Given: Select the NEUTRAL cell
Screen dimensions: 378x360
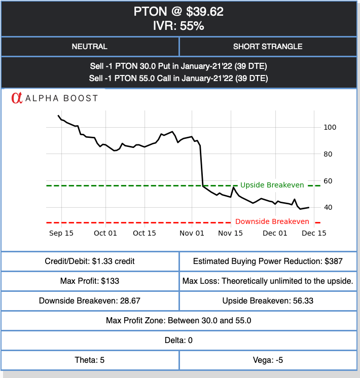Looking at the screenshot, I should [x=90, y=47].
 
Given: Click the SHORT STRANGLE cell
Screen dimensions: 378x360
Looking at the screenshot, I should [x=268, y=47].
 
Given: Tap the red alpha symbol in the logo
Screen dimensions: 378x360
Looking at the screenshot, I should [x=17, y=98].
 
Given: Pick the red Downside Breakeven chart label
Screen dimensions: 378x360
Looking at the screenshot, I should [x=272, y=221].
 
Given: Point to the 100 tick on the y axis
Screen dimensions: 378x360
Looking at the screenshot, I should [x=330, y=127].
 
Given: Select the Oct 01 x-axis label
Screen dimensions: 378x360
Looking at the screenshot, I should [x=105, y=233].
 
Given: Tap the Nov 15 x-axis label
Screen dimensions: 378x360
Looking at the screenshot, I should [x=231, y=233].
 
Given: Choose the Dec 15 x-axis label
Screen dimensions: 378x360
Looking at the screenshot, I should [x=314, y=233].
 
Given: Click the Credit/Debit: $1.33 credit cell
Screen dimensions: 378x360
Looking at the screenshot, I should [x=90, y=261].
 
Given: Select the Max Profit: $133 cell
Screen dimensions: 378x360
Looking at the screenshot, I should [x=90, y=281].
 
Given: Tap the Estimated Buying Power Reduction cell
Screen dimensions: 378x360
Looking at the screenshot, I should [x=268, y=261].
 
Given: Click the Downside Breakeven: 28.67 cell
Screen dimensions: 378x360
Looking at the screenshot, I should [x=90, y=300].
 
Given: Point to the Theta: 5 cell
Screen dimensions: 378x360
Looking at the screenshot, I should [x=90, y=360].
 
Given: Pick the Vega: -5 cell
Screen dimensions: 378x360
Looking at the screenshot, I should [x=268, y=360].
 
